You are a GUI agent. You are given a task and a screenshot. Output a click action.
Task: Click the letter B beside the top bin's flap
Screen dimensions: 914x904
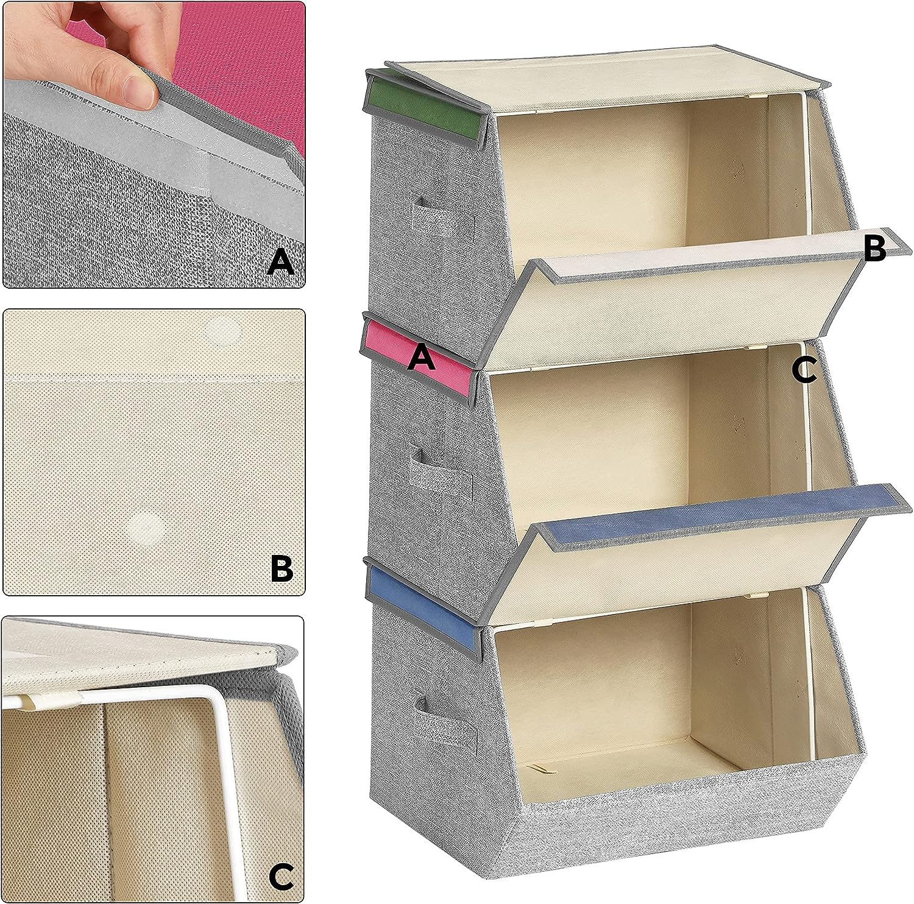875,249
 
